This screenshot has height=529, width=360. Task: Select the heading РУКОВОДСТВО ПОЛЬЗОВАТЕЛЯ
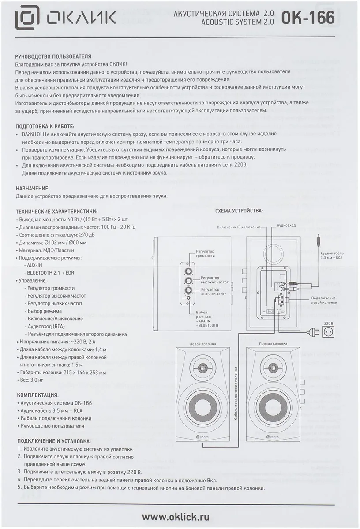(x=53, y=57)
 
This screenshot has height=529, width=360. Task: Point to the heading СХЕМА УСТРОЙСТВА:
(x=239, y=211)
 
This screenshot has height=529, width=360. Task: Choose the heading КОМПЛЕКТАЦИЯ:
(x=38, y=395)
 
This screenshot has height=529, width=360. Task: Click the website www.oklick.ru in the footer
(x=176, y=516)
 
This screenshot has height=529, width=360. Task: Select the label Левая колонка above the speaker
(x=202, y=343)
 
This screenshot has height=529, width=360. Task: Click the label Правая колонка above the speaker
(x=273, y=343)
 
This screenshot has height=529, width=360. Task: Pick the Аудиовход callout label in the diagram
(x=286, y=225)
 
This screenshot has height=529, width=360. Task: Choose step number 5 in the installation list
(x=19, y=488)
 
